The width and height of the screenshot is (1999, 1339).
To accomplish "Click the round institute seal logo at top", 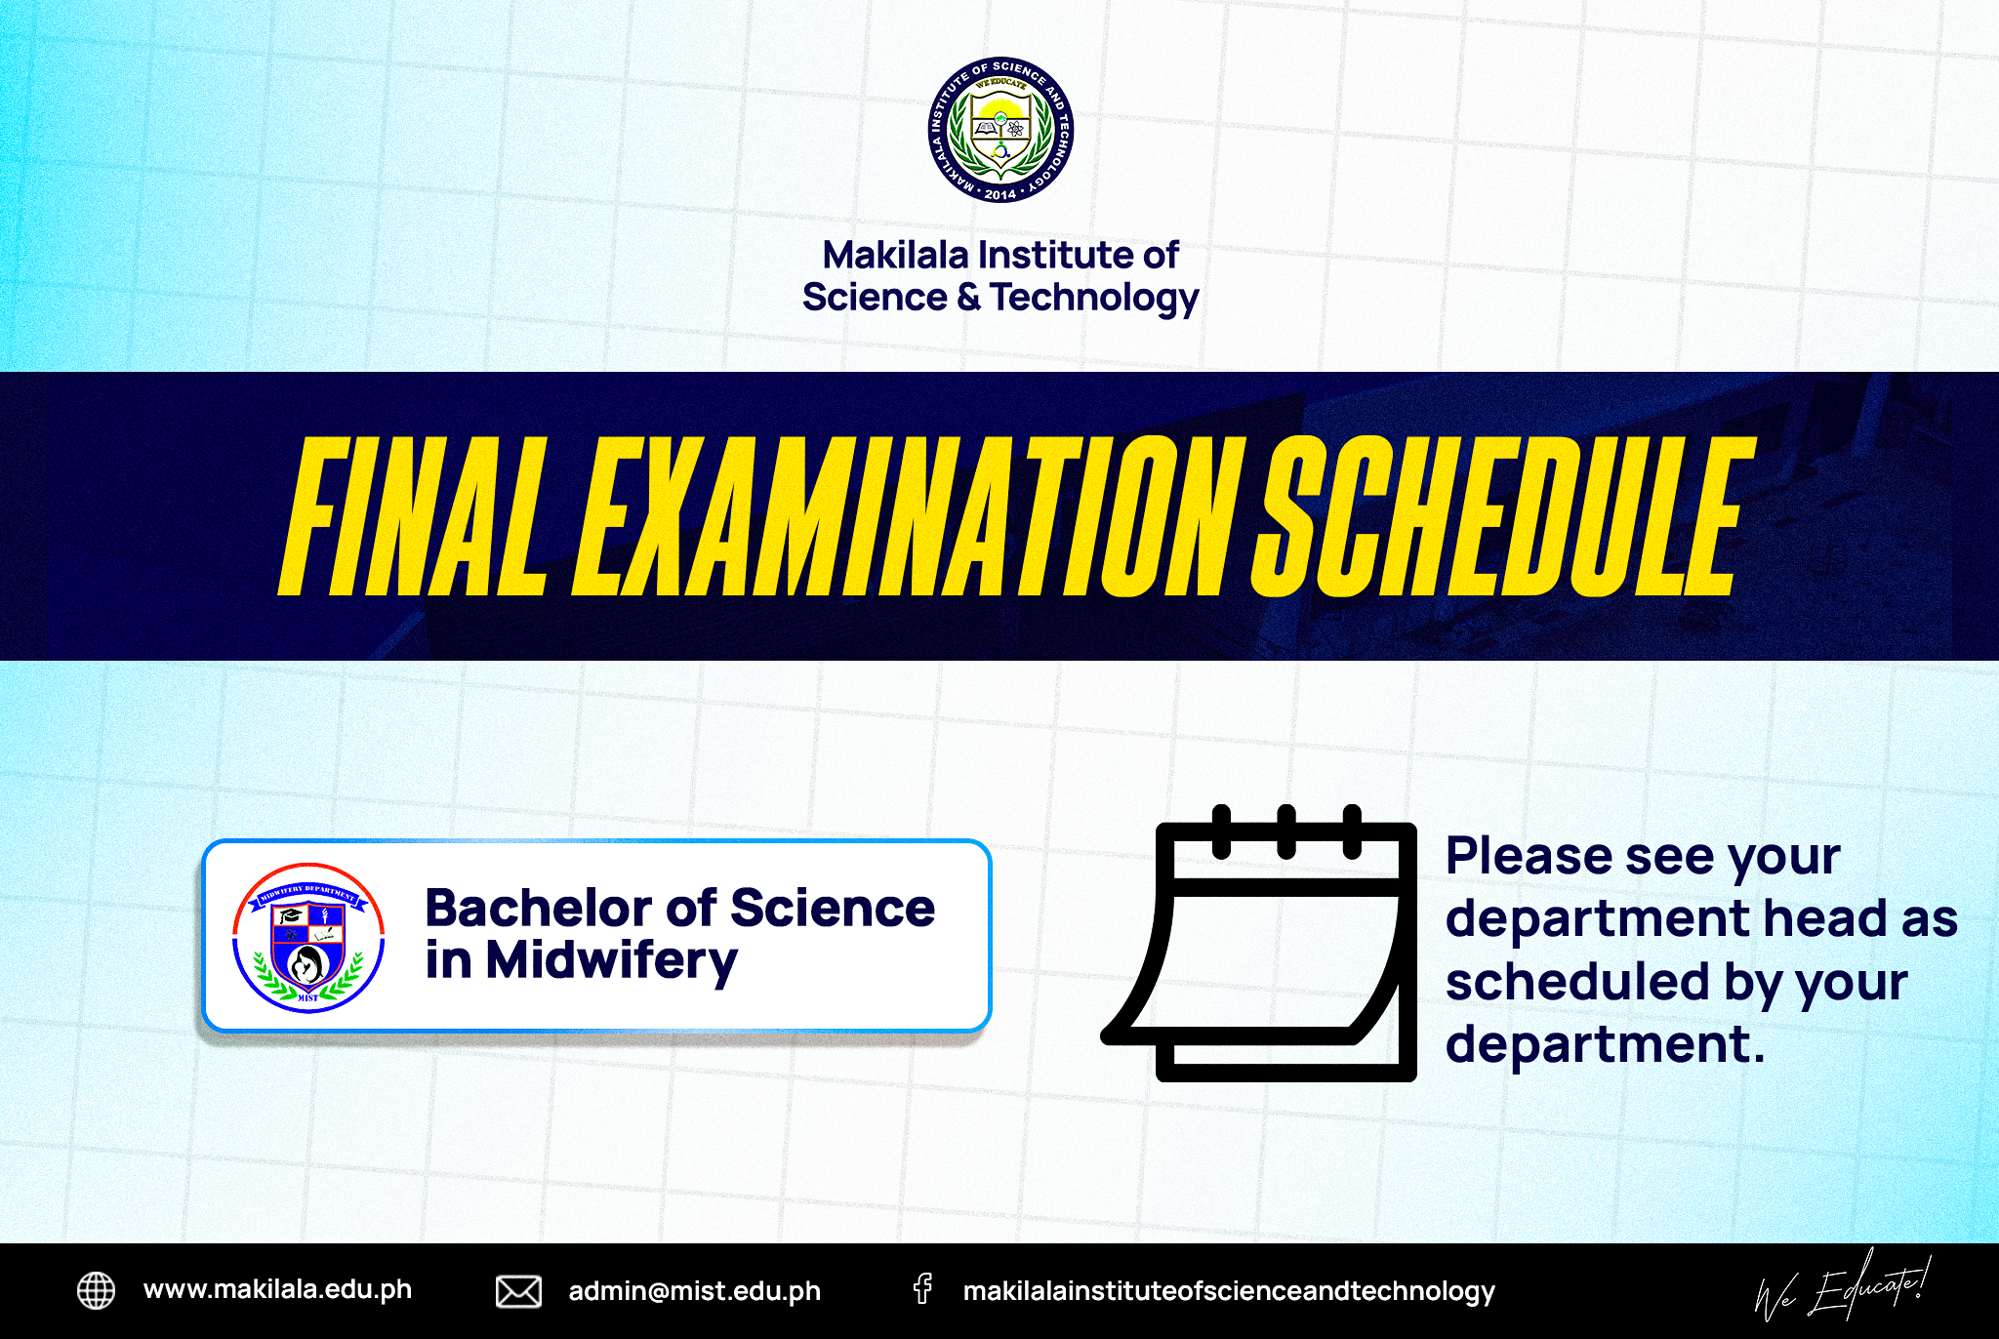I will (x=1000, y=130).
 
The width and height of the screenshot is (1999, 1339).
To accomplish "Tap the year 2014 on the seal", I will (x=1000, y=194).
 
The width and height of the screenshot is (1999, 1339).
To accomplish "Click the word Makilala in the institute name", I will (x=896, y=256).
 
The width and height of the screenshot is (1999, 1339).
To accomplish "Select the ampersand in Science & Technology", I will (x=968, y=297).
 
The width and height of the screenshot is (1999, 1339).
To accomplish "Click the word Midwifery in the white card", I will (x=612, y=961).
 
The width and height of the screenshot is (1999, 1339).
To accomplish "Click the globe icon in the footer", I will (x=96, y=1290).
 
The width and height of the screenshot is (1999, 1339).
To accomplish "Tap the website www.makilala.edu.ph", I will (x=277, y=1290).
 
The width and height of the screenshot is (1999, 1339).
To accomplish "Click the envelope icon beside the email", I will (x=518, y=1291).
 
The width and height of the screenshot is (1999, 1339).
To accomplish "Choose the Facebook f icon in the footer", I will (x=922, y=1289).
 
